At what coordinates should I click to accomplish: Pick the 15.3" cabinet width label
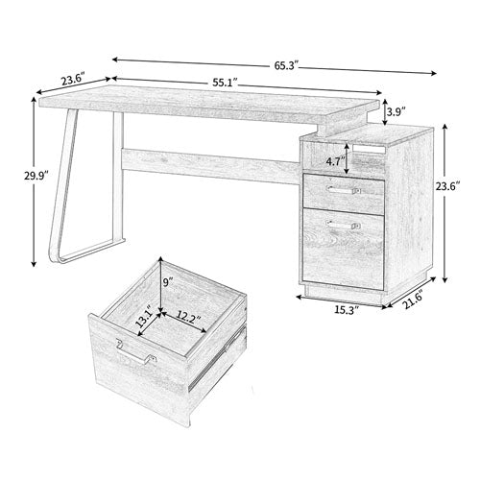343,309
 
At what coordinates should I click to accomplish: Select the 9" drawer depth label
168,282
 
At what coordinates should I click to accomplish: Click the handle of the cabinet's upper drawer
343,191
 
